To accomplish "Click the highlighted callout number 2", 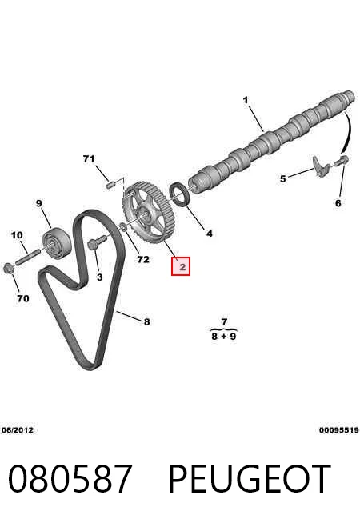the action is pos(181,266).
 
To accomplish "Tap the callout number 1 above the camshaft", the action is pos(246,100).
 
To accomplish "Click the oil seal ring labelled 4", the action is pos(181,194).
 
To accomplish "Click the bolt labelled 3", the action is pos(97,242).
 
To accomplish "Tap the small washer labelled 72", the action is pos(122,227).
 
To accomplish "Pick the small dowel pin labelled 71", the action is pos(110,185).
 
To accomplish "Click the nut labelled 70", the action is pos(9,268).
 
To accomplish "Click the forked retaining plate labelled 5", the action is pos(321,166).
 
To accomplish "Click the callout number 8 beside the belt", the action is pos(147,321).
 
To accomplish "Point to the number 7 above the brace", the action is pos(224,321).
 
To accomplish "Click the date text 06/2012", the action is pos(18,430).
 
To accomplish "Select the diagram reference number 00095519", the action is pos(339,430).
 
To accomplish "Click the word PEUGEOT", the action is pos(250,479).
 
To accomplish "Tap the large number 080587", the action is pos(70,479).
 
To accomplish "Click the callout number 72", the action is pos(143,259).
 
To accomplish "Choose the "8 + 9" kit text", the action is pos(223,336).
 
